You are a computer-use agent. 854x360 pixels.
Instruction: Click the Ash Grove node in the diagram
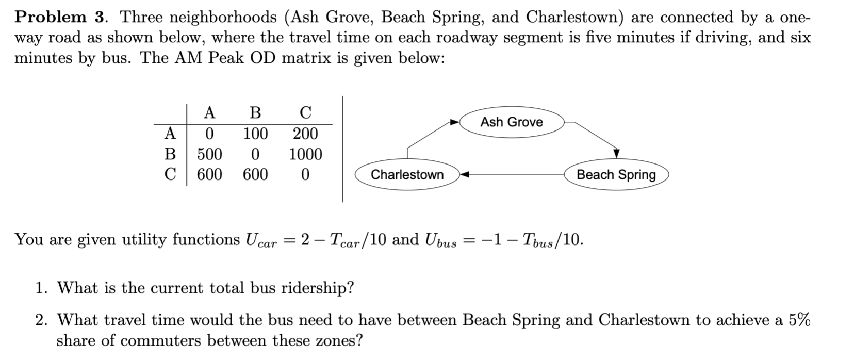coord(511,122)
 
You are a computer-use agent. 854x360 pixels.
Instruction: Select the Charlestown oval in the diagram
coord(407,175)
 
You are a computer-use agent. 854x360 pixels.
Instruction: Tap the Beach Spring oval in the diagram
coord(616,175)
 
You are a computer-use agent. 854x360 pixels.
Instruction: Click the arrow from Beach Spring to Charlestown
coord(516,175)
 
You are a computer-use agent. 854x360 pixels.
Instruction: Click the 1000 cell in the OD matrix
coord(305,154)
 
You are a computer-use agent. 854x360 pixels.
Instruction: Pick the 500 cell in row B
coord(209,154)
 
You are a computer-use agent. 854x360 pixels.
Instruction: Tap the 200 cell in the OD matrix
coord(305,134)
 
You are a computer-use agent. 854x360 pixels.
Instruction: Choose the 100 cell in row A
coord(255,134)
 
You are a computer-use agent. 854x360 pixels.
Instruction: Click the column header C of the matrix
coord(305,112)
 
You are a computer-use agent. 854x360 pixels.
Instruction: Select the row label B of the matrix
coord(170,154)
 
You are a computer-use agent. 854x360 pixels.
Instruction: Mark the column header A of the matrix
coord(209,112)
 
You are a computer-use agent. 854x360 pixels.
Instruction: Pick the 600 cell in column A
coord(209,175)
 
